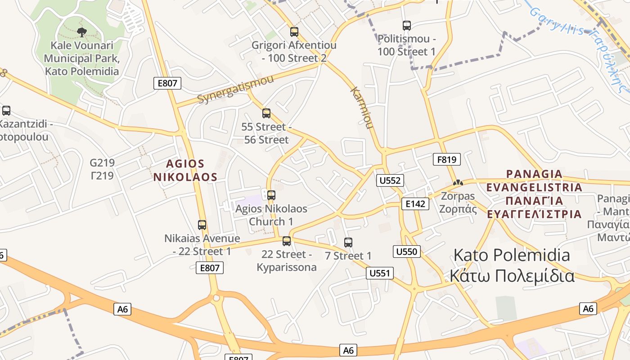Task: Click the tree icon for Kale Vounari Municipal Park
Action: coord(81,32)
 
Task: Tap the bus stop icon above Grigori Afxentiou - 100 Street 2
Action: coord(294,32)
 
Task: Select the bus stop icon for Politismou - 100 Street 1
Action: coord(407,26)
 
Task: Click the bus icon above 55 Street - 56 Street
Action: coord(266,113)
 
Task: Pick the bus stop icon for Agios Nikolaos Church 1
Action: coord(271,195)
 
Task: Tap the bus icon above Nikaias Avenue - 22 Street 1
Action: coord(202,225)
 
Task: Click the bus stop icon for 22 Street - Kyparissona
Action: coord(287,241)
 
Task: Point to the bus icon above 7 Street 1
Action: coord(348,243)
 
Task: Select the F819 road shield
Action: coord(447,159)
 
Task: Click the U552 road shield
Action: coord(390,180)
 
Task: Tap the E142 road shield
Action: coord(415,204)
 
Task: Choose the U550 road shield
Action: coord(407,252)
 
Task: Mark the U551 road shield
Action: coord(380,273)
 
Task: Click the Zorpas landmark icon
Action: coord(458,183)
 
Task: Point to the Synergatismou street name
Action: coord(235,90)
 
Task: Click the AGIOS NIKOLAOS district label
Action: coord(185,171)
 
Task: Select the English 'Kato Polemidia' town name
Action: coord(512,255)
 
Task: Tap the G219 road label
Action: coord(102,162)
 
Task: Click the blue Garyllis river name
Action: coord(558,22)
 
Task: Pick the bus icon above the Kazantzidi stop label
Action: coord(6,111)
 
